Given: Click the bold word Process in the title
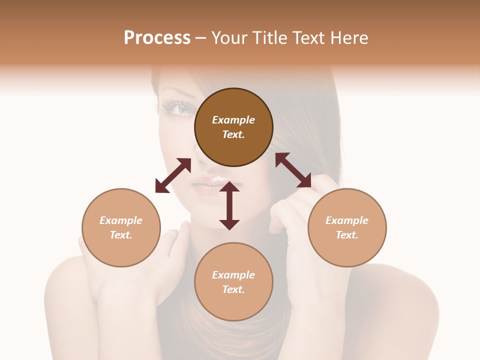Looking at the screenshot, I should pos(157,38).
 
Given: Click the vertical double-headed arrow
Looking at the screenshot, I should pos(229,205).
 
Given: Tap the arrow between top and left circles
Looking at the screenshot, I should pos(173,175).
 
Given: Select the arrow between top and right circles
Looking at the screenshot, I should pos(293,170).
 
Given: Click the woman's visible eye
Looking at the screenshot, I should pos(183,107).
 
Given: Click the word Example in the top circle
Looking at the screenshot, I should pos(233,120).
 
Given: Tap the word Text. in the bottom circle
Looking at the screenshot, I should pos(233,289).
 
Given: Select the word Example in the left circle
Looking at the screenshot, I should pos(121,220).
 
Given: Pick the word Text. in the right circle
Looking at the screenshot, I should pos(347,235).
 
